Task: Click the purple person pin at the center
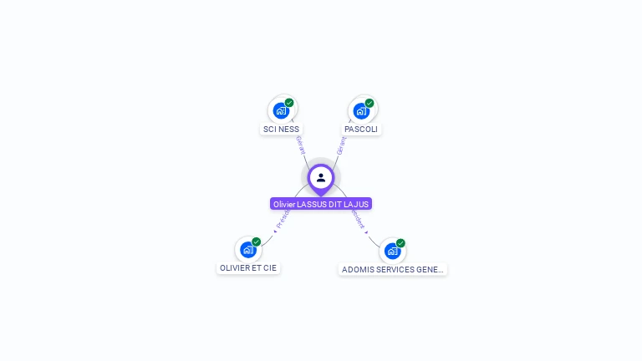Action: tap(321, 178)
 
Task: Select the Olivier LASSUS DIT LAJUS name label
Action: tap(321, 204)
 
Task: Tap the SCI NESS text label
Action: tap(281, 130)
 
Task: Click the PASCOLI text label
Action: tap(361, 130)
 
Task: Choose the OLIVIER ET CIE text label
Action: tap(247, 268)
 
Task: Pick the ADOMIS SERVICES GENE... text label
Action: tap(392, 269)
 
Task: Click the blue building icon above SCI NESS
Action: tap(281, 110)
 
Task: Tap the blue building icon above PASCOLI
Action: tap(361, 110)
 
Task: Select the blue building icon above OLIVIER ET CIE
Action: tap(247, 250)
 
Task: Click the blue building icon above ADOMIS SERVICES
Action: tap(391, 251)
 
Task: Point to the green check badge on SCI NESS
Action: tap(289, 103)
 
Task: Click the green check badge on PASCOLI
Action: tap(369, 103)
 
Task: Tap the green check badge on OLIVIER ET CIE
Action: tap(257, 242)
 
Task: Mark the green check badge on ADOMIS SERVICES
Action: tap(400, 243)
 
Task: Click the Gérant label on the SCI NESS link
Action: tap(300, 145)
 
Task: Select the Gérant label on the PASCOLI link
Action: tap(341, 145)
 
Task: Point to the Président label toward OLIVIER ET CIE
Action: tap(283, 220)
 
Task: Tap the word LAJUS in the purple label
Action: tap(357, 204)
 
